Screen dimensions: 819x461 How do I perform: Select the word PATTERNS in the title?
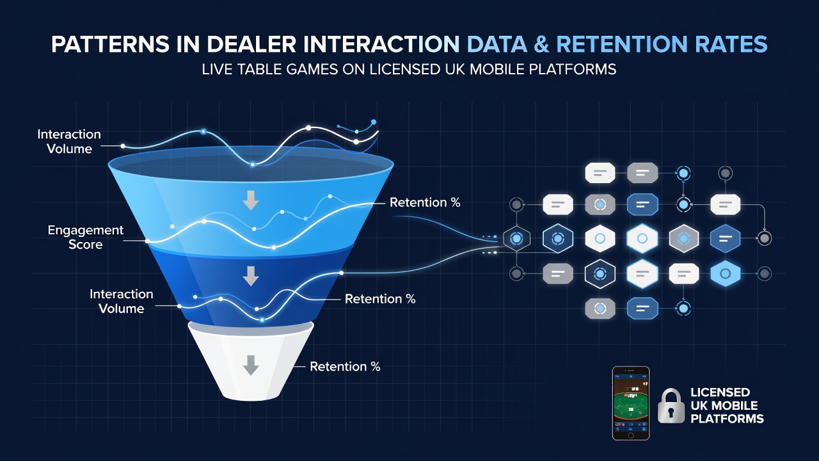coord(110,45)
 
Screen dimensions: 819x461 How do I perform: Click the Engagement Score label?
coord(86,237)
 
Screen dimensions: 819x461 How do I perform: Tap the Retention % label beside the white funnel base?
coord(345,367)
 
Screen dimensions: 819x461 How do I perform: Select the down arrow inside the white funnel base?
coord(251,365)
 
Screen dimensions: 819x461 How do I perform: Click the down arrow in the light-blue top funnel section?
coord(251,200)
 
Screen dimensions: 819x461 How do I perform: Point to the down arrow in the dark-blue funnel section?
coord(251,276)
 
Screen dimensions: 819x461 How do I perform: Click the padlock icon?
coord(671,406)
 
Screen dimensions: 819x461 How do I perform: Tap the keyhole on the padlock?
coord(671,412)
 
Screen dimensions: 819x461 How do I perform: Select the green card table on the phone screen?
coord(631,407)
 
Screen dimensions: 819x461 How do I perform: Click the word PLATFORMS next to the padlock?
coord(727,419)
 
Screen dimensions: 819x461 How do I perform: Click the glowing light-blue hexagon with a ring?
coord(725,273)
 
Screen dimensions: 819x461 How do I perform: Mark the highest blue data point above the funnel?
coord(374,122)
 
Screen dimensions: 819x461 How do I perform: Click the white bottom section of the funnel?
coord(251,362)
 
